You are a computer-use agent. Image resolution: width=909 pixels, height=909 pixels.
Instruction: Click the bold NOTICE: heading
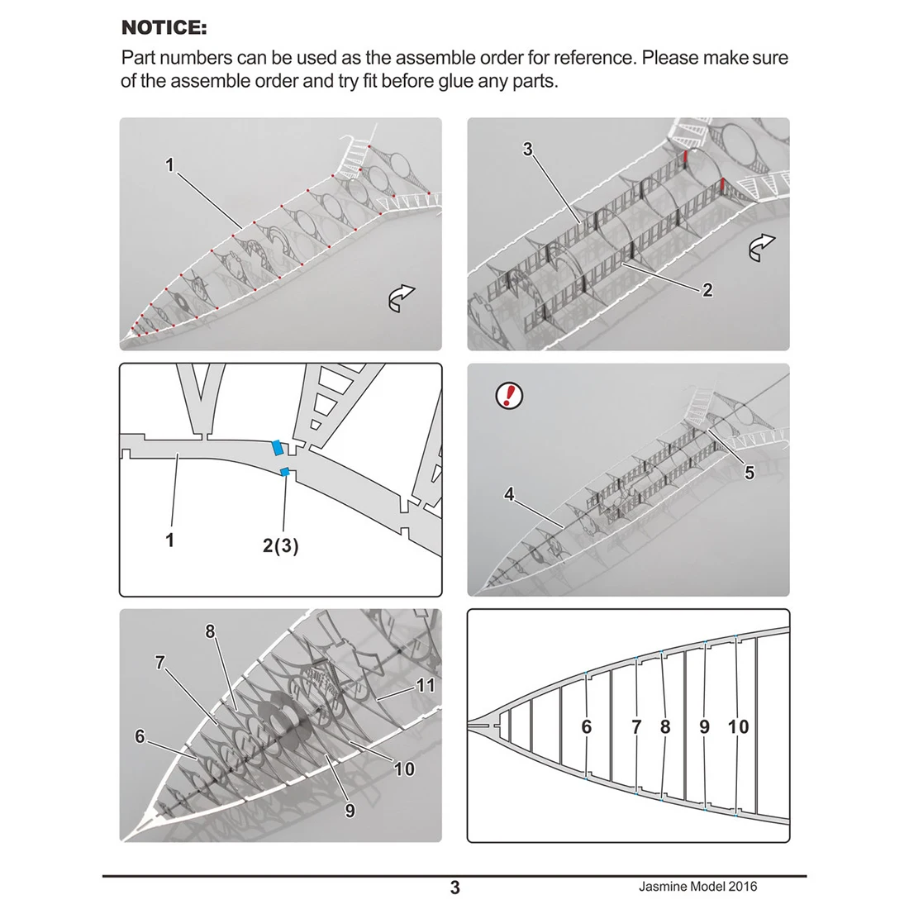tap(164, 28)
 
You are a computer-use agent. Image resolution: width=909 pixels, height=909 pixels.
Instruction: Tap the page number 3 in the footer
tap(454, 888)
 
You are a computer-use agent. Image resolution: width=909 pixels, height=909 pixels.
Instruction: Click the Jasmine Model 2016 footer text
tap(697, 887)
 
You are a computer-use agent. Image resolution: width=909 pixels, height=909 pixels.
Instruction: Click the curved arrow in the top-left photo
tap(402, 299)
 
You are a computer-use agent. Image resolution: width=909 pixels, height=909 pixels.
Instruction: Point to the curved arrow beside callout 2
tap(763, 246)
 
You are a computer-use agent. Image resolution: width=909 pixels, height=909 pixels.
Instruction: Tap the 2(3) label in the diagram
tap(281, 545)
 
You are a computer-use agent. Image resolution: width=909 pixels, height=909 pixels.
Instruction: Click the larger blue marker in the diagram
tap(279, 447)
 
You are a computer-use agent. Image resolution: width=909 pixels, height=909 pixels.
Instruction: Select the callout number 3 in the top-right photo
tap(528, 150)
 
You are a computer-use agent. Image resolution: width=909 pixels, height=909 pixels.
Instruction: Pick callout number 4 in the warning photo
tap(509, 494)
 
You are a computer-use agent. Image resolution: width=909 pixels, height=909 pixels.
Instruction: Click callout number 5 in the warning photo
tap(750, 473)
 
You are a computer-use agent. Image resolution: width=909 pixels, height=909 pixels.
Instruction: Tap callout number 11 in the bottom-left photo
tap(425, 685)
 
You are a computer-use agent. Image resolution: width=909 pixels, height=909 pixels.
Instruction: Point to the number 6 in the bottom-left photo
tap(140, 735)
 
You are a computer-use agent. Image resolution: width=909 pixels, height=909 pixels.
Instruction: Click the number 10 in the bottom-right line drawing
tap(738, 726)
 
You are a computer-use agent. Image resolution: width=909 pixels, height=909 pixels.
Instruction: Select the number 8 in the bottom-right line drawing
tap(665, 727)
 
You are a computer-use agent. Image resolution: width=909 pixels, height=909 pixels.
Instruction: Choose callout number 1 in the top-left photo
tap(170, 165)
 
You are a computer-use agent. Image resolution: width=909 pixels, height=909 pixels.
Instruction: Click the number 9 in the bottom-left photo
tap(350, 811)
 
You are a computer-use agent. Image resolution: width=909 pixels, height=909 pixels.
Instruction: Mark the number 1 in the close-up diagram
tap(170, 540)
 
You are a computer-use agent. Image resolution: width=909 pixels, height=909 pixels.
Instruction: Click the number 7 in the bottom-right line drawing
tap(636, 727)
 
